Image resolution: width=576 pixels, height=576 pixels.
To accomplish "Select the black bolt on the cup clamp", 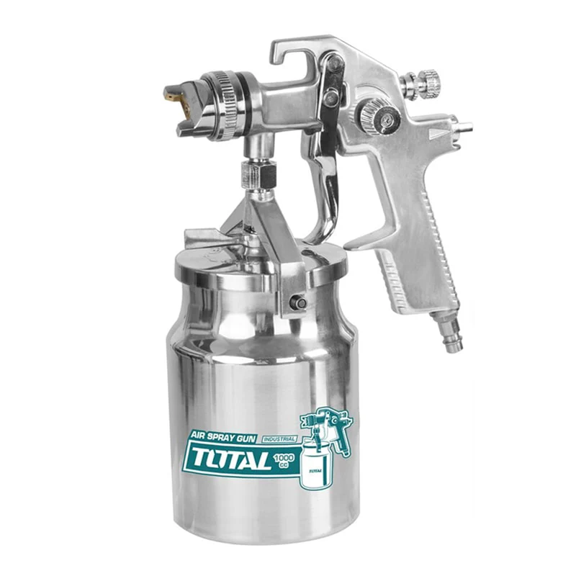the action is tap(298, 302).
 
